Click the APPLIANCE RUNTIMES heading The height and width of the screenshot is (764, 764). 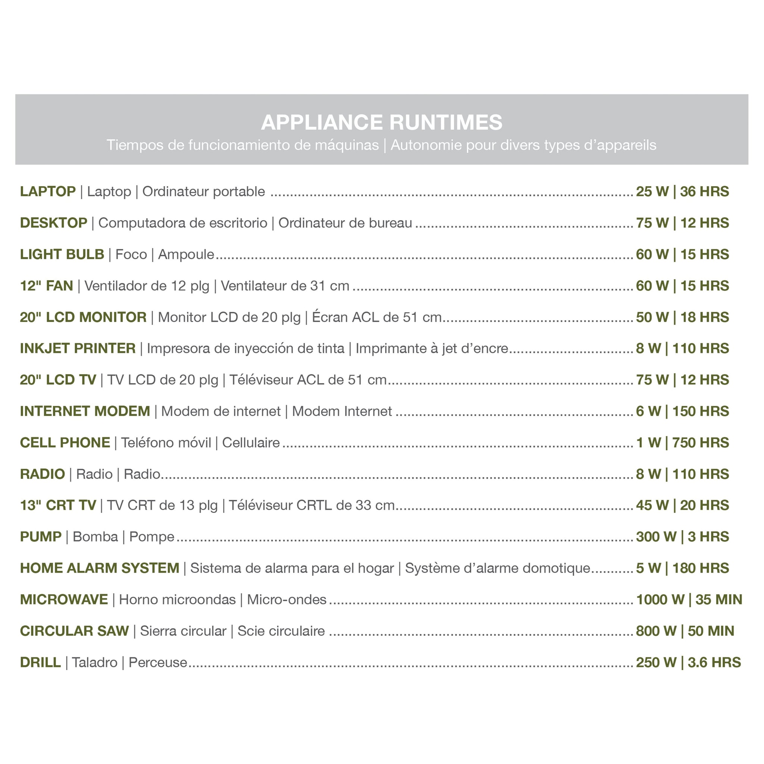tap(382, 122)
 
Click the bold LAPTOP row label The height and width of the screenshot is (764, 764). tap(48, 191)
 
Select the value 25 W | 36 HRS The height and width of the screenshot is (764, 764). tap(682, 191)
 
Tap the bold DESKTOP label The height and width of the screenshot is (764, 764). tap(54, 223)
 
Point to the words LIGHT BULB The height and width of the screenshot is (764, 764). tap(62, 254)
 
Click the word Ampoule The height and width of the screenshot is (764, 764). tap(186, 254)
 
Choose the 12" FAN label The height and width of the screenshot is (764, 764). tap(47, 285)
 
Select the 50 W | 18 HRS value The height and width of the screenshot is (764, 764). tap(682, 317)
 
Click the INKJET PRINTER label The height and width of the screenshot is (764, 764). tap(78, 348)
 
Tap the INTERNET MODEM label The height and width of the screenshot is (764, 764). tap(85, 411)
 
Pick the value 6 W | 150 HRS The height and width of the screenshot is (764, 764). tap(682, 411)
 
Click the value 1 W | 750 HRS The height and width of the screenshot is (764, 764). tap(682, 442)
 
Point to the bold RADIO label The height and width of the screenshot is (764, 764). tap(43, 474)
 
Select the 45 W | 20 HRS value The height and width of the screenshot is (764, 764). tap(682, 505)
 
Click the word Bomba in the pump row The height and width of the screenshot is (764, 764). tap(95, 536)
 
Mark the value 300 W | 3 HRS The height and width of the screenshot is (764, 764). tap(682, 536)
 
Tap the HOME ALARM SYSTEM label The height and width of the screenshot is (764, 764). tap(100, 568)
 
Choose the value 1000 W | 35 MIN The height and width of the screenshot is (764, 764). tap(689, 599)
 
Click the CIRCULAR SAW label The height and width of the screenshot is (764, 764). tap(74, 631)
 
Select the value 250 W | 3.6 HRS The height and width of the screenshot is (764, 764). tap(688, 663)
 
